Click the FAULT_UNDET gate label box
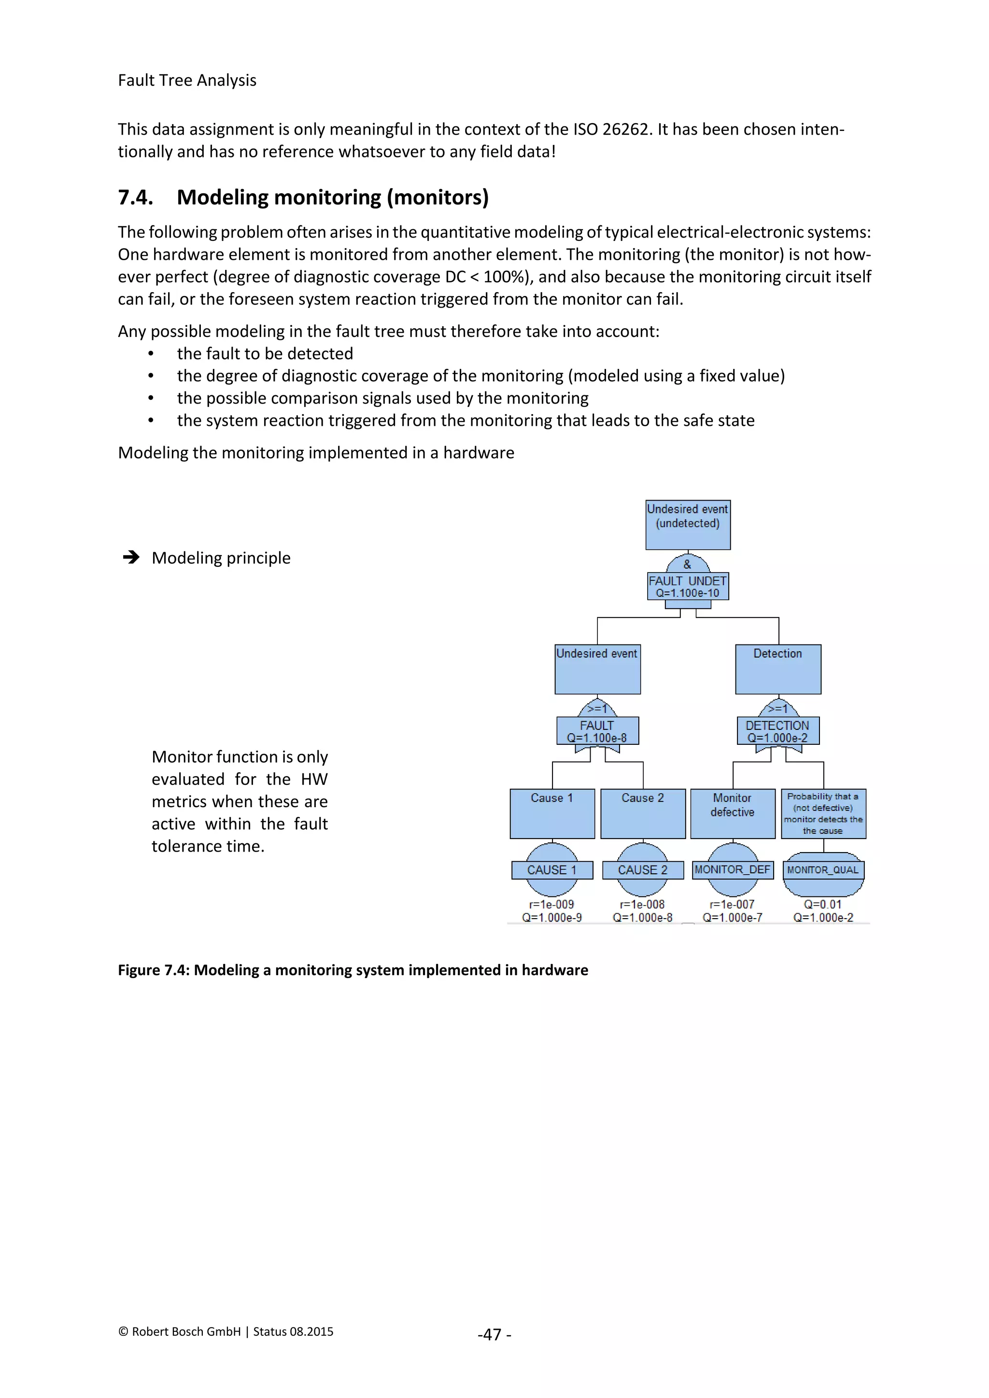point(688,587)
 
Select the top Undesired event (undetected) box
point(688,524)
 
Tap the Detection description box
point(777,669)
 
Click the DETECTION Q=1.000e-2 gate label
point(777,731)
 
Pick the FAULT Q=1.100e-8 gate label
point(597,731)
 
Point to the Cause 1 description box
point(552,813)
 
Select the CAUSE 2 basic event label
point(642,869)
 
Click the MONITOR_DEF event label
point(733,869)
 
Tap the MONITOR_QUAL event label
point(823,869)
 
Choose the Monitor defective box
point(733,813)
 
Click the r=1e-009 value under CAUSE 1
point(552,904)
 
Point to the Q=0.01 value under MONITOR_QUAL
point(823,904)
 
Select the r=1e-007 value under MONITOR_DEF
point(733,904)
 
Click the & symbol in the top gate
point(688,564)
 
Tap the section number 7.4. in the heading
point(135,197)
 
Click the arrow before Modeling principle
point(131,557)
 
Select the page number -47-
point(494,1334)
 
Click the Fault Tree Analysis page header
point(187,80)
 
